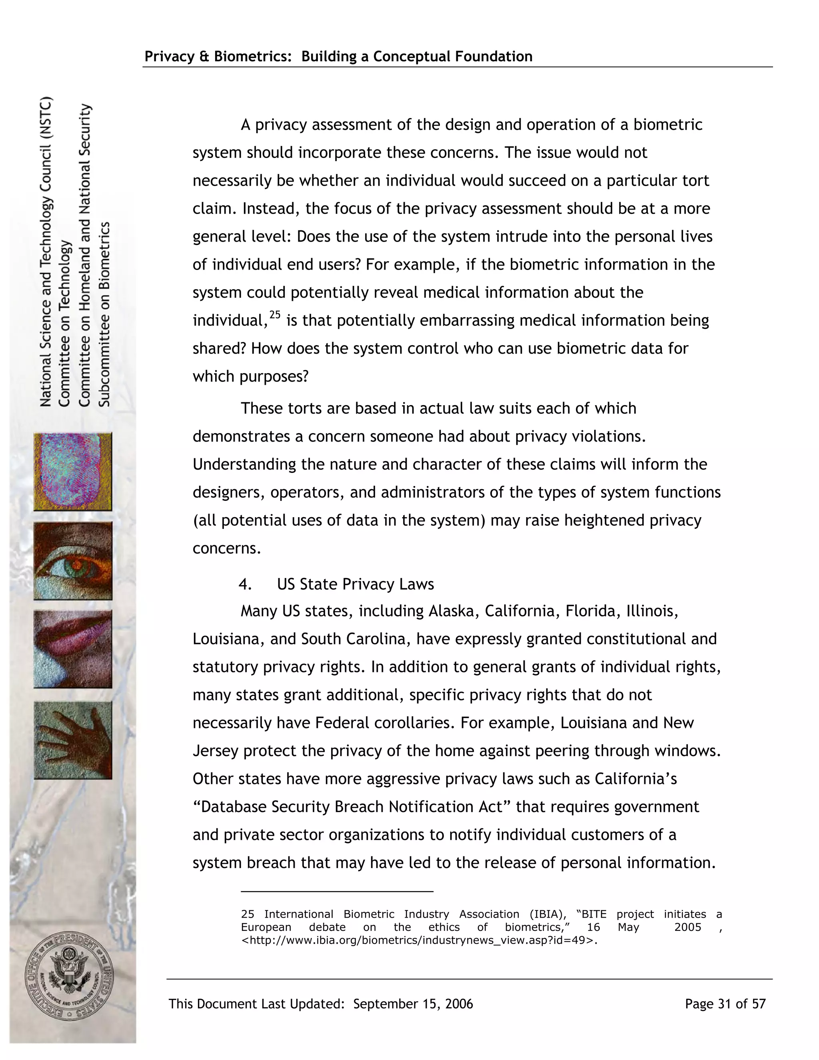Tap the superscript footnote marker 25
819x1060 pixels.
point(275,315)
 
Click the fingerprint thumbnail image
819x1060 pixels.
point(73,471)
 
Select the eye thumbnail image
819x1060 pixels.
point(73,560)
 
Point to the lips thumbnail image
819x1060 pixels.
point(73,649)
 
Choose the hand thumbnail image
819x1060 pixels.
point(73,740)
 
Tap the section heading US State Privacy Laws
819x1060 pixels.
point(355,584)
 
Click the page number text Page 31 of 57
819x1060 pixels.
point(725,1004)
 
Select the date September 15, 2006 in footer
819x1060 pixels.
point(413,1004)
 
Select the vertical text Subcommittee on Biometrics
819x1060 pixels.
point(104,314)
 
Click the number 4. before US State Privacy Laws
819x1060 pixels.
point(245,584)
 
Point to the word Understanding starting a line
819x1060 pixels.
point(244,464)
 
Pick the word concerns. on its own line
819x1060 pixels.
point(227,548)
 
